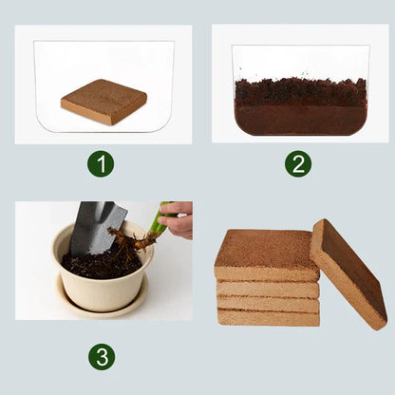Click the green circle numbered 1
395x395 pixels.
tap(101, 163)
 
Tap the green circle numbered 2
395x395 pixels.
tap(298, 163)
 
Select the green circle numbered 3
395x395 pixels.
tap(102, 356)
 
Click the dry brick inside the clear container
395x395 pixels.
tap(103, 102)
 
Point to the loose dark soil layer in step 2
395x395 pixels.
tap(300, 91)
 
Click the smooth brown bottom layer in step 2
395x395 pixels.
tap(300, 120)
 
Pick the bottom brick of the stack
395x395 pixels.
tap(268, 316)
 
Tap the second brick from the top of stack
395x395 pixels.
tap(268, 289)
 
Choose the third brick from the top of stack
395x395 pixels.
tap(268, 303)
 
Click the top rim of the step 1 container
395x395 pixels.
tap(103, 42)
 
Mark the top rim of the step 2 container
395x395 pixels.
tap(300, 46)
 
